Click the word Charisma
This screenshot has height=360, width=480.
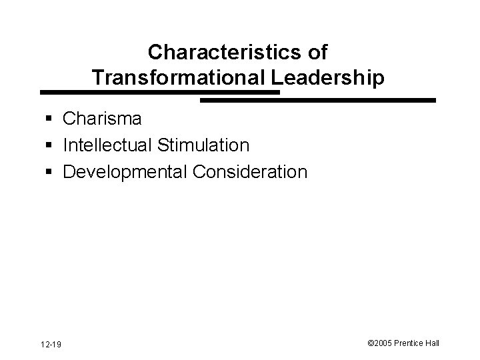[x=101, y=119]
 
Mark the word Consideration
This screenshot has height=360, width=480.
[x=250, y=171]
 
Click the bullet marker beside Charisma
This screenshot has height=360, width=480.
[x=51, y=120]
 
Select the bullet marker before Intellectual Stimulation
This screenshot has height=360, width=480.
[x=51, y=146]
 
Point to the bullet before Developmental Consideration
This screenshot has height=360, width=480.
[x=51, y=173]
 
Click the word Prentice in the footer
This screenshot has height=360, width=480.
[x=412, y=343]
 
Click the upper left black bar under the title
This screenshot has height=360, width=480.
[x=160, y=92]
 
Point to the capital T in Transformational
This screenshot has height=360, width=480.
[x=98, y=77]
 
